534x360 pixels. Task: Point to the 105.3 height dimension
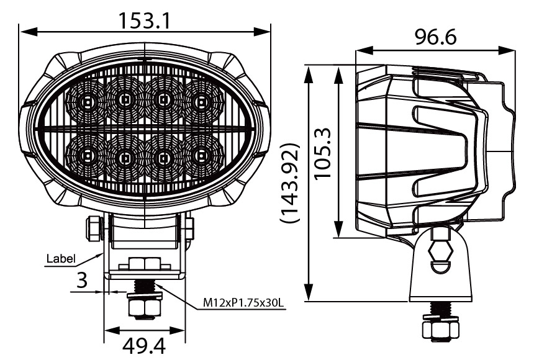click(x=324, y=153)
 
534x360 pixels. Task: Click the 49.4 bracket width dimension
click(x=145, y=345)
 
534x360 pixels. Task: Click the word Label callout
click(x=60, y=258)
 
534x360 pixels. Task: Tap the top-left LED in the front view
click(x=87, y=101)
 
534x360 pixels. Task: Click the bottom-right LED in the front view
click(x=201, y=156)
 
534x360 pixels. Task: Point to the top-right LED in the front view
click(x=201, y=101)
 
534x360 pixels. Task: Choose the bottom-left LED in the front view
click(x=87, y=156)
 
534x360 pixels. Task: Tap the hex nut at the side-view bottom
click(x=440, y=329)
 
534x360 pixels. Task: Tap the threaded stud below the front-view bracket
click(x=144, y=286)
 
